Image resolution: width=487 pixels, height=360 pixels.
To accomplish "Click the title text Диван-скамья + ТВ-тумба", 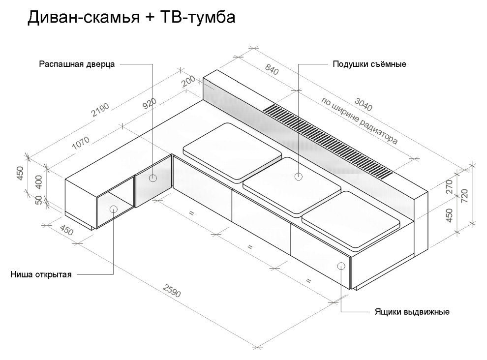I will pyautogui.click(x=131, y=18).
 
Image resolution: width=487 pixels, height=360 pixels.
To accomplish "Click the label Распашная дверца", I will pyautogui.click(x=77, y=64).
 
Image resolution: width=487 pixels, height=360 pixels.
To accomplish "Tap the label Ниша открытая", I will pyautogui.click(x=41, y=274).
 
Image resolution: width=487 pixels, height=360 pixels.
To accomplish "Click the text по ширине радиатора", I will pyautogui.click(x=359, y=120).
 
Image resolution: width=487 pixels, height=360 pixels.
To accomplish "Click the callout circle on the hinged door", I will pyautogui.click(x=153, y=178).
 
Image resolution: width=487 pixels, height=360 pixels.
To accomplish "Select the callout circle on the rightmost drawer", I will pyautogui.click(x=341, y=266).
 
